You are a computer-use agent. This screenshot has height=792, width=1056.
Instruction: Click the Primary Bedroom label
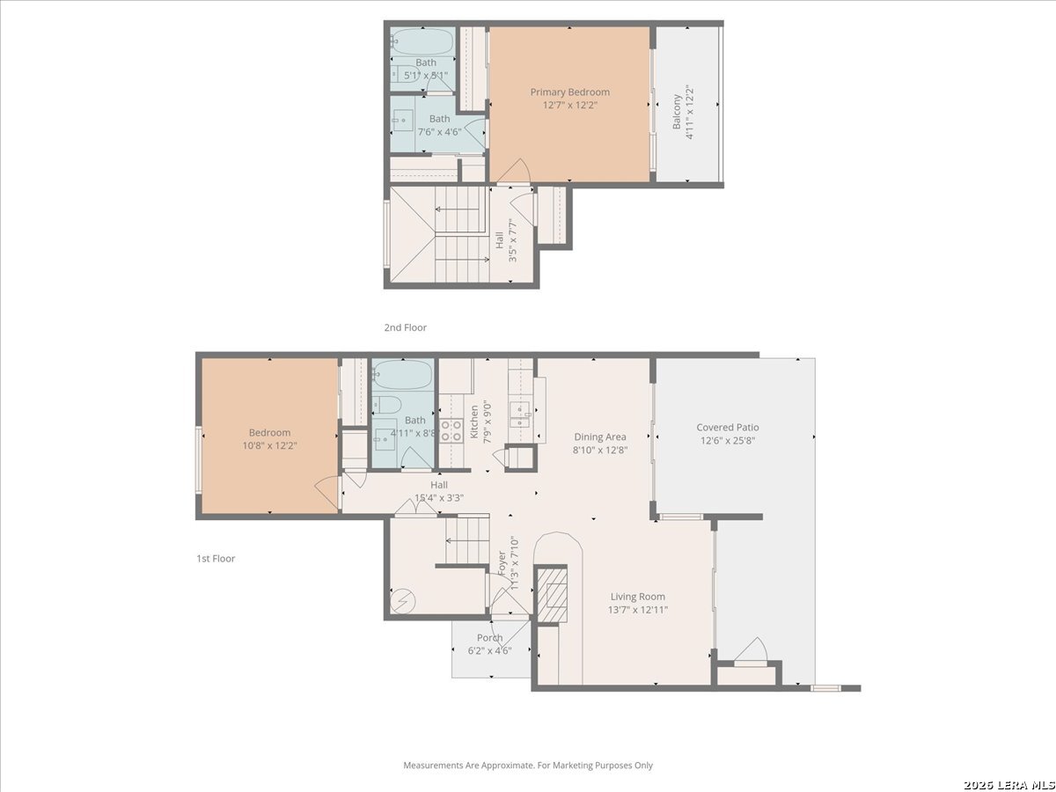coord(569,92)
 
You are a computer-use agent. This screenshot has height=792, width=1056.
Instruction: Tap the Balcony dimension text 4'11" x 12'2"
coord(689,112)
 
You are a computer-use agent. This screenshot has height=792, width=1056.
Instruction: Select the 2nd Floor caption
coord(405,327)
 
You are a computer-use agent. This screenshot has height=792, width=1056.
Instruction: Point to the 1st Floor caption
coord(216,558)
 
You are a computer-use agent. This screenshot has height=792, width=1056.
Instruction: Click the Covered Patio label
coord(728,427)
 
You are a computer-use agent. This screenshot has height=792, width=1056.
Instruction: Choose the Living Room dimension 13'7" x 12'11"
coord(638,610)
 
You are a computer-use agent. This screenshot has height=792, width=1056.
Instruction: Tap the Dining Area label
coord(600,436)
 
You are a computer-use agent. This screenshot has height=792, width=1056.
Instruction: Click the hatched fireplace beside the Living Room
coord(552,595)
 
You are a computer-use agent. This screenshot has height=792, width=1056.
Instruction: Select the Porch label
coord(490,638)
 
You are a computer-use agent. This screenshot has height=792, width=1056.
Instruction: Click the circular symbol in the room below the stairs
coord(403,601)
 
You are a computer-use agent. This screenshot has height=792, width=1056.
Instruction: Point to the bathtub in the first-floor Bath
coord(403,375)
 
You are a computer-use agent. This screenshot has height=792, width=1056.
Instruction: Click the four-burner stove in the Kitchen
coord(451,430)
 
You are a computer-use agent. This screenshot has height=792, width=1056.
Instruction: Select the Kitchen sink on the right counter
coord(520,414)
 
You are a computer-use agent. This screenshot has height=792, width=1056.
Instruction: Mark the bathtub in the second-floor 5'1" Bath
coord(422,41)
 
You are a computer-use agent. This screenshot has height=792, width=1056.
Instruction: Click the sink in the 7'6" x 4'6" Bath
coord(403,121)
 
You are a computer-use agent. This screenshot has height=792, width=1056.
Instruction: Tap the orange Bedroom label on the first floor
coord(269,432)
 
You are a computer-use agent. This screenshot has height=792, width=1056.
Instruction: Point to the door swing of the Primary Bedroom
coord(514,172)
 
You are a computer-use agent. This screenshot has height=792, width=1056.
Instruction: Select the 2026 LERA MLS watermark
coord(1008,785)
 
